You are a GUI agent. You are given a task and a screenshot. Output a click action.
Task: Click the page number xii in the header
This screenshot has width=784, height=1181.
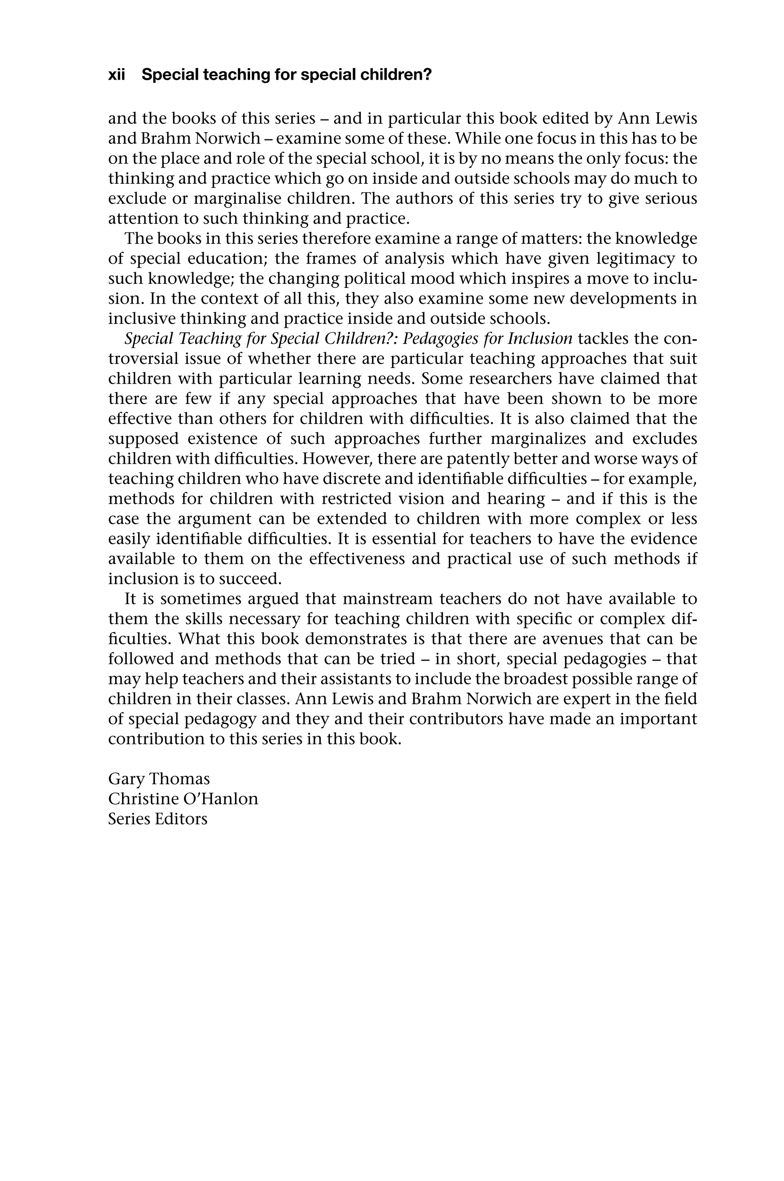tap(116, 75)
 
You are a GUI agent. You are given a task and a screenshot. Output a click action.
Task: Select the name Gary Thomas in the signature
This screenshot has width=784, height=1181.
tap(159, 779)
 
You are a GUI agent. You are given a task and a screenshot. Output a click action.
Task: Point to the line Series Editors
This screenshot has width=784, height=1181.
tap(157, 819)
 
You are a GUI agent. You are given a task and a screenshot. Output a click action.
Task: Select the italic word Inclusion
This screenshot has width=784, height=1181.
tap(539, 339)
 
